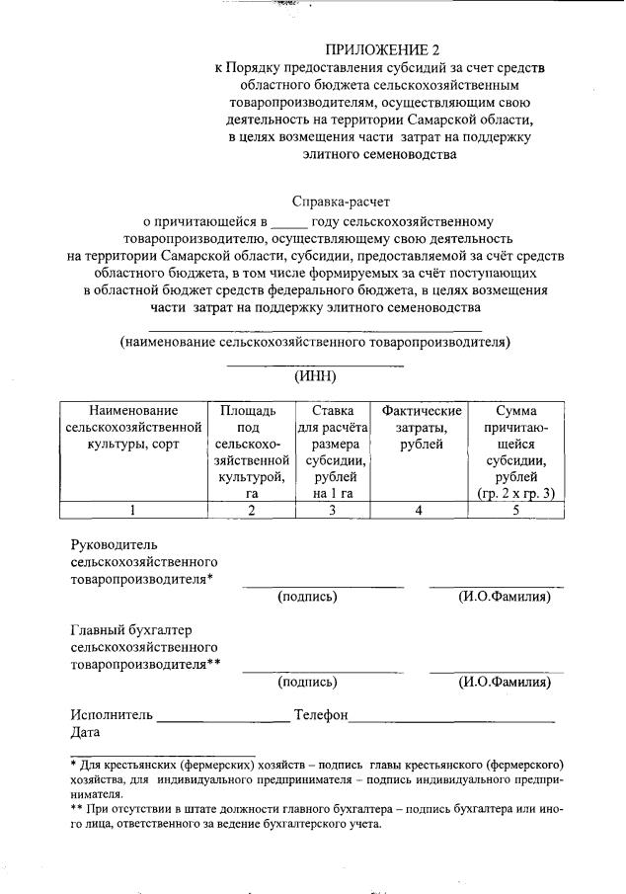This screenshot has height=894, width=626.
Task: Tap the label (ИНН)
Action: [x=316, y=375]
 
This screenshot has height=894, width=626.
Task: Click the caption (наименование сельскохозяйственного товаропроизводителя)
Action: [x=314, y=342]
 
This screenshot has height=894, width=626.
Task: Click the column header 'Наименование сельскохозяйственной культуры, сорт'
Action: [x=133, y=427]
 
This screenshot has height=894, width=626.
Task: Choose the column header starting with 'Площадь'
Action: [x=251, y=451]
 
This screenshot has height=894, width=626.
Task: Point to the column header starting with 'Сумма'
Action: [x=514, y=451]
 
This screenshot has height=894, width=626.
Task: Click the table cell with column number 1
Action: [x=133, y=510]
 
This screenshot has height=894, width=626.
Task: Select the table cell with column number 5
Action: [x=514, y=510]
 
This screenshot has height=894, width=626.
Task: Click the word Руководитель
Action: [x=114, y=544]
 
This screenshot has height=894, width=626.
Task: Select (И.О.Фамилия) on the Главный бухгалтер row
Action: [x=504, y=682]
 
